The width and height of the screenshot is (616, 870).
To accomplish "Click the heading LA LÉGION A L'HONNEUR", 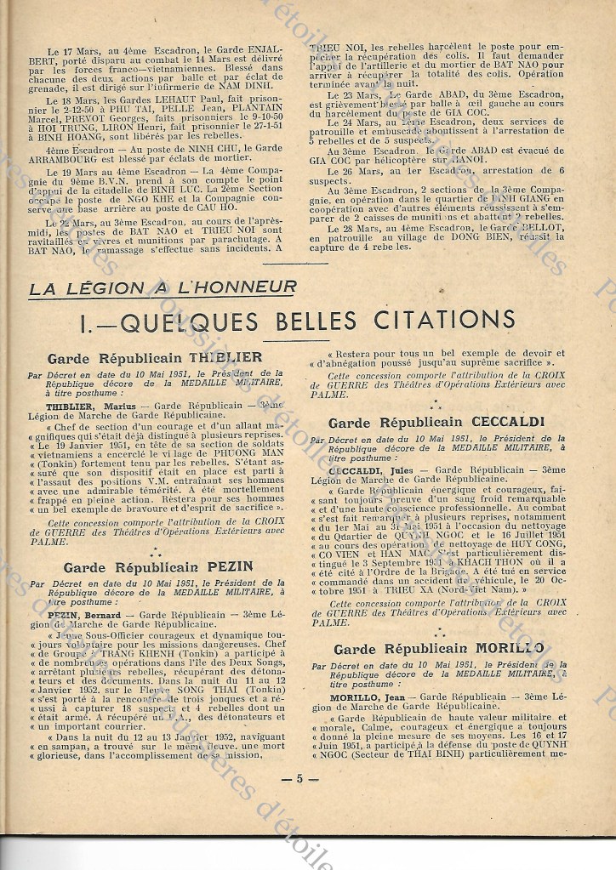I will pos(163,288).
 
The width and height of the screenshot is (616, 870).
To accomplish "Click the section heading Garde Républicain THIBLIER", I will pos(155,358).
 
